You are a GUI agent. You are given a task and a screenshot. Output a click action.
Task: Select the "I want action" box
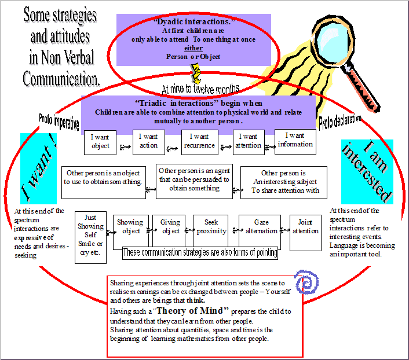coord(149,142)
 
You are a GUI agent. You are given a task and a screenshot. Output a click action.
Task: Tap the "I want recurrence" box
coord(199,142)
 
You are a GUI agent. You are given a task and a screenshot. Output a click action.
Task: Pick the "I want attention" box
coord(249,142)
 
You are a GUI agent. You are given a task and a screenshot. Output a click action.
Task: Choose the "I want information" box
coord(295,141)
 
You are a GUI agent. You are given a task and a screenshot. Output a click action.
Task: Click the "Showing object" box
coord(130,227)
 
